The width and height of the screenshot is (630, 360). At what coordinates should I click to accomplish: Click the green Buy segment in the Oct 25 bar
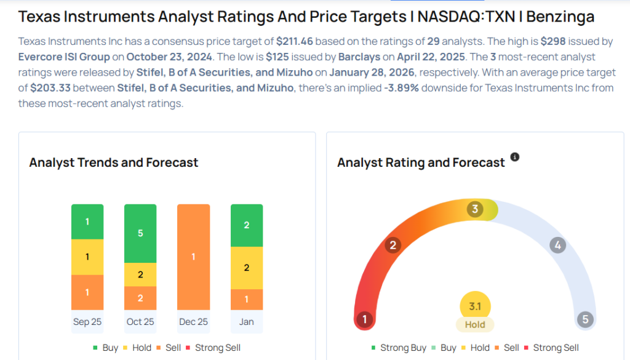(x=140, y=233)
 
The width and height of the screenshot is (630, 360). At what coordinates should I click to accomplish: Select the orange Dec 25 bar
(x=193, y=257)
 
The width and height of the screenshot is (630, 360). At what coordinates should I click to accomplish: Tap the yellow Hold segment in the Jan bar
(x=247, y=268)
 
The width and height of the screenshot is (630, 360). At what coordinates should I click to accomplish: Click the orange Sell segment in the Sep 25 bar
(x=87, y=292)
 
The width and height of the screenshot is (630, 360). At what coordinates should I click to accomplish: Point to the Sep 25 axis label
(x=87, y=322)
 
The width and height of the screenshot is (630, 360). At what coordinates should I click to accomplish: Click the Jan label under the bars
(x=247, y=322)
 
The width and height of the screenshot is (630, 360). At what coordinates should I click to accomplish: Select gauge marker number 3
(x=474, y=209)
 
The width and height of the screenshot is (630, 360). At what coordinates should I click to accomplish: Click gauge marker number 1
(x=365, y=319)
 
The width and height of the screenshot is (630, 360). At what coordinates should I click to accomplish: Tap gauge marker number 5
(x=585, y=319)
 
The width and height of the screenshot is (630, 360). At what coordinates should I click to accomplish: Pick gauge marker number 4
(x=557, y=246)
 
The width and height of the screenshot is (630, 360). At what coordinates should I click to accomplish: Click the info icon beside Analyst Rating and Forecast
(x=515, y=158)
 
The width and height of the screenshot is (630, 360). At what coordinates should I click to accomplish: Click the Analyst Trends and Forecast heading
(x=114, y=162)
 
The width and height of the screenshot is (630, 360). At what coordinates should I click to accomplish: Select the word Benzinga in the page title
(x=560, y=16)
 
